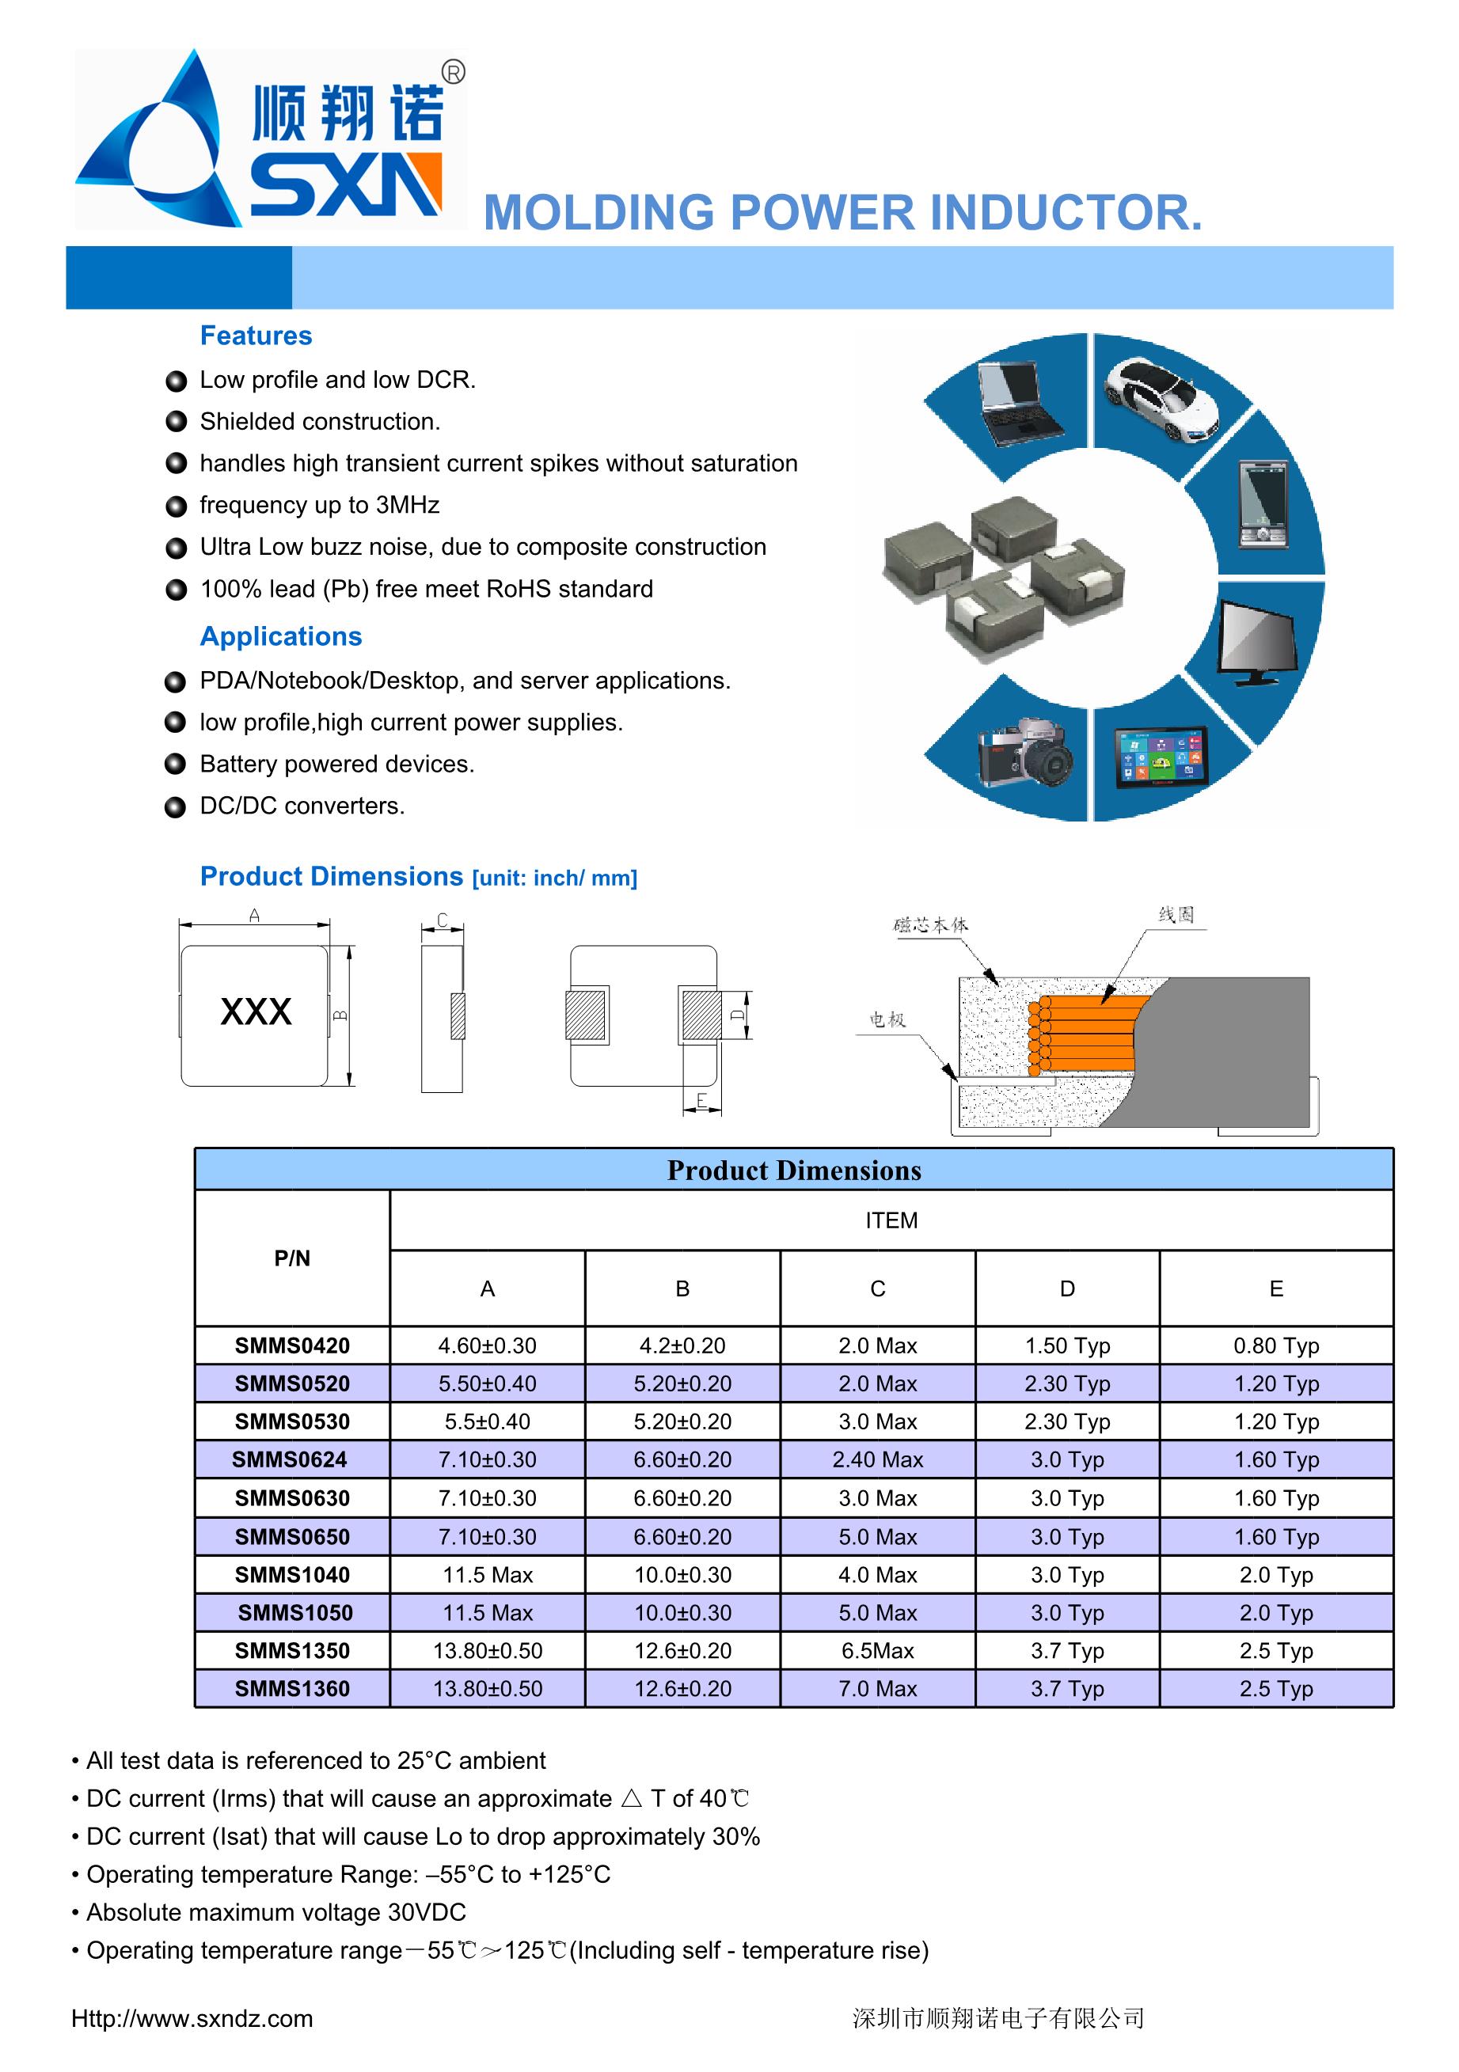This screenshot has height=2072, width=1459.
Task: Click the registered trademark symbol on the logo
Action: click(454, 72)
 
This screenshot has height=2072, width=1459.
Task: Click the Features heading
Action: click(256, 336)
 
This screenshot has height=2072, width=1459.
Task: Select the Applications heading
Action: click(281, 636)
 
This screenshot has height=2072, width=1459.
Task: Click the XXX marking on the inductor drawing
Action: click(256, 1011)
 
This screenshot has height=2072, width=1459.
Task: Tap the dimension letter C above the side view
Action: click(443, 920)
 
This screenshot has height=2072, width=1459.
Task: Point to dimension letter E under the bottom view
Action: click(701, 1101)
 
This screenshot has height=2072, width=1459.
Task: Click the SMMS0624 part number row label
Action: click(290, 1459)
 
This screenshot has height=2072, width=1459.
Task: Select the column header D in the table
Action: click(1066, 1288)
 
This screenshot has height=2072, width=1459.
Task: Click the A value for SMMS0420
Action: click(487, 1345)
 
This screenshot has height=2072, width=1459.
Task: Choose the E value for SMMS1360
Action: click(1275, 1688)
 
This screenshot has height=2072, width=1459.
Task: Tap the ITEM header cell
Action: click(891, 1220)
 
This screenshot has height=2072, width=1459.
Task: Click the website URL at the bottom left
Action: click(192, 2019)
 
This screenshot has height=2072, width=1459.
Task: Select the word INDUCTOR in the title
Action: click(1066, 213)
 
